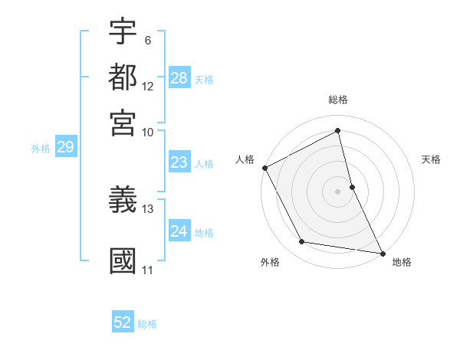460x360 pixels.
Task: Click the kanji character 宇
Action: [x=123, y=32]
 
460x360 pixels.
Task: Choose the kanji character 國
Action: [x=123, y=260]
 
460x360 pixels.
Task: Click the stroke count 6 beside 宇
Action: [x=147, y=41]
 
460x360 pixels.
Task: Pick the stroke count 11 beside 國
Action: [x=148, y=270]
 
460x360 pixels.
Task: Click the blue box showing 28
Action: [x=179, y=78]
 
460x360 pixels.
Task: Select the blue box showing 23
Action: [x=179, y=162]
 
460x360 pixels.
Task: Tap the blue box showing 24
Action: [x=179, y=231]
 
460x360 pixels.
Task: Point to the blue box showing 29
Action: [x=65, y=147]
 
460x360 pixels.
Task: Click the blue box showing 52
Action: [x=123, y=322]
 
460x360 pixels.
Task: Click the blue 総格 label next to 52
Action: [x=147, y=324]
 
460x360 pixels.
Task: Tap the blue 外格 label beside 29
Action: [x=40, y=149]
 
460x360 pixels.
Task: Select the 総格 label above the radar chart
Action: [x=337, y=100]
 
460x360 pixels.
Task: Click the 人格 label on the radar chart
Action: [x=245, y=159]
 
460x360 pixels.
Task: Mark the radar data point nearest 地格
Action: [x=382, y=253]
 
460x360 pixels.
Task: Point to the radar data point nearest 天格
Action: [x=352, y=186]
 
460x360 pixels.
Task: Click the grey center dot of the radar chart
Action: [x=337, y=191]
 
